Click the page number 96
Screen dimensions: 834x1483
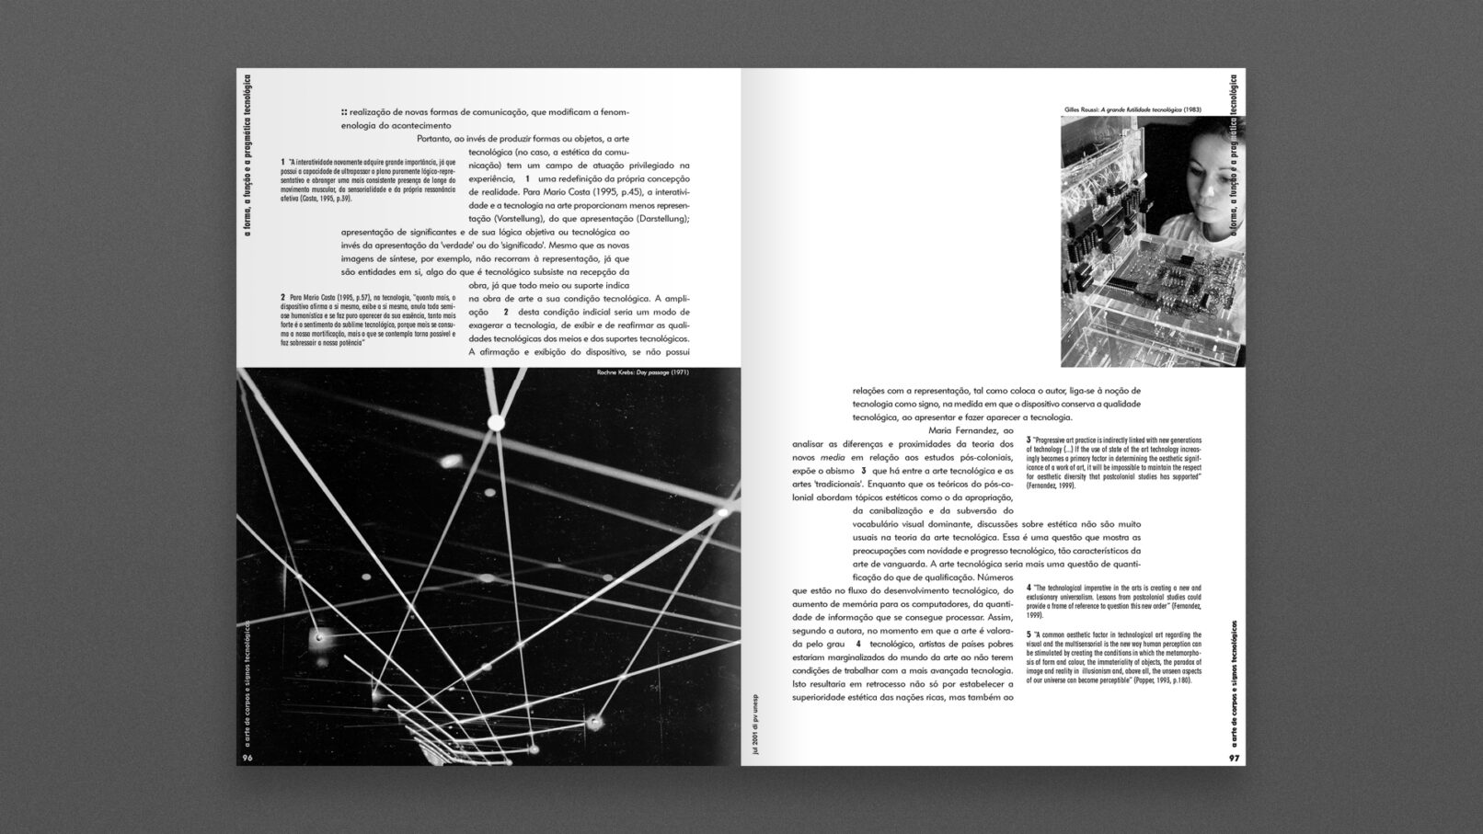(x=247, y=758)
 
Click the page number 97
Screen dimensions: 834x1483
(x=1235, y=758)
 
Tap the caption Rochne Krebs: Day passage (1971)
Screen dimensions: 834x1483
(x=642, y=372)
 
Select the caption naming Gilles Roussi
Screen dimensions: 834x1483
(x=1132, y=109)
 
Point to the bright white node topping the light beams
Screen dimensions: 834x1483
(x=497, y=422)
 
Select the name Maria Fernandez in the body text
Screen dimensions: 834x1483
(x=971, y=430)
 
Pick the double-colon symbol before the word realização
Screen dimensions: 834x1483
(x=344, y=111)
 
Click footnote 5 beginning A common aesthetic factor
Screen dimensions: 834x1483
(x=1114, y=657)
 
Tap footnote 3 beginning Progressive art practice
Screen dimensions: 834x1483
(x=1114, y=462)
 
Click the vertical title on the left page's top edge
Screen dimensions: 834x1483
(x=246, y=155)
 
